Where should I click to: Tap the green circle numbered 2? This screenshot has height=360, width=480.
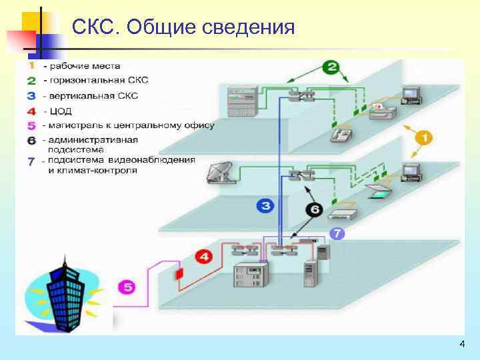pos(332,67)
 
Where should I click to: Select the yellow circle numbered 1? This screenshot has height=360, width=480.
pos(424,139)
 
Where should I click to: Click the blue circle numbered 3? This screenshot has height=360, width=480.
pos(266,206)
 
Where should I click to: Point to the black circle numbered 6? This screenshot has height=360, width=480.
pos(315,210)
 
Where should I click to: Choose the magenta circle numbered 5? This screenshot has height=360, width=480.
pos(127,287)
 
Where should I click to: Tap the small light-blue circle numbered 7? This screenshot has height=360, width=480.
pos(338,234)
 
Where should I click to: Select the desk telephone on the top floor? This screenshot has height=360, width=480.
pos(341,135)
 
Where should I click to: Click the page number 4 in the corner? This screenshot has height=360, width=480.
pos(462,344)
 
